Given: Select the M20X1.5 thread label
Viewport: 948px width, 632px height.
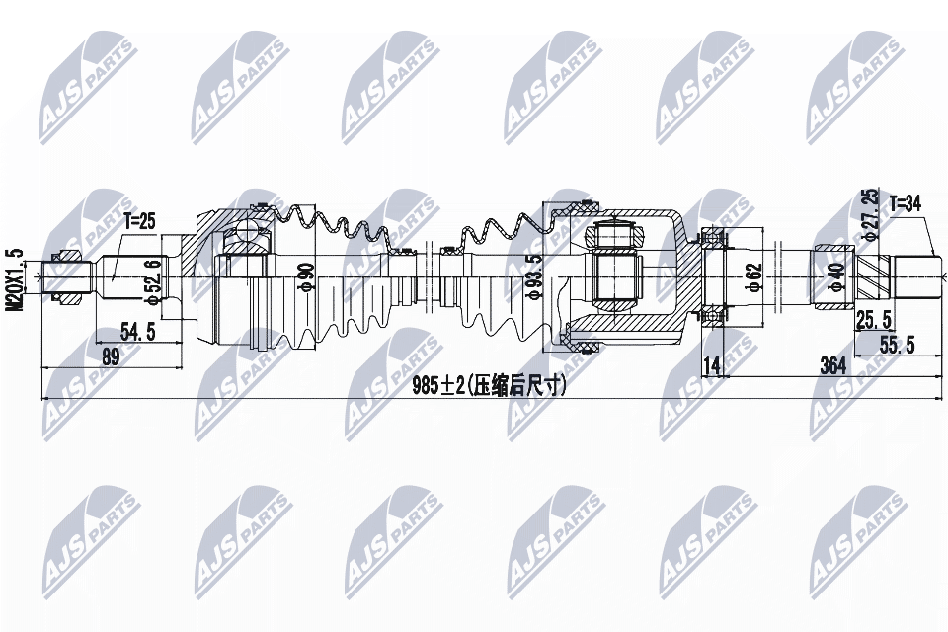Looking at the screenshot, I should coord(14,280).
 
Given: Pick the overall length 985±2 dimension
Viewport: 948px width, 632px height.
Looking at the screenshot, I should coord(438,386).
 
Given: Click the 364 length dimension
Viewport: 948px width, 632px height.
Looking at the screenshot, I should coord(832,365).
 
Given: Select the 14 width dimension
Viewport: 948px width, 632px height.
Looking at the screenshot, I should coord(711,365).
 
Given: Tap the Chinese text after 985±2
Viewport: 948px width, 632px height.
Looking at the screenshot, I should coord(515,386).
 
